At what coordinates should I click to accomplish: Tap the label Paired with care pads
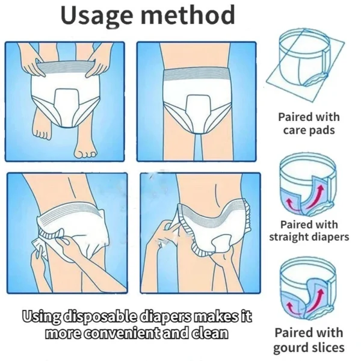[309, 123]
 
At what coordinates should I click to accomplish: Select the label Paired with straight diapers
[309, 230]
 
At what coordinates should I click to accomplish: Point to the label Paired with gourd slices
[309, 339]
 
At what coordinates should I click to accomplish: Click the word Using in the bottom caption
[40, 316]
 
